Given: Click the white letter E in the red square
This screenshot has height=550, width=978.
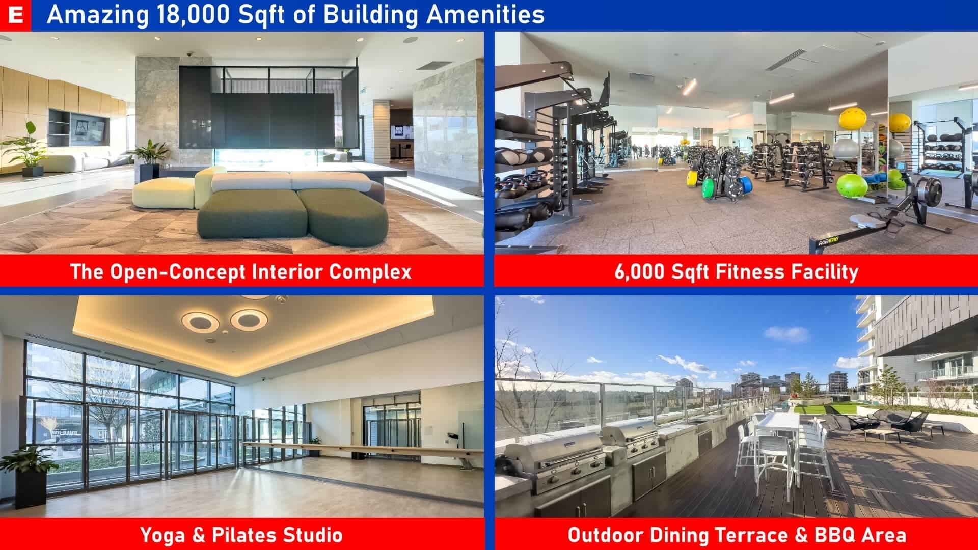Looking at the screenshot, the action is [x=16, y=15].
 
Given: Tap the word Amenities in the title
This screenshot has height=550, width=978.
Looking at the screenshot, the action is [x=485, y=15].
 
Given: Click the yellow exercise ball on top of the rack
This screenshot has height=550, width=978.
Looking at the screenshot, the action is [x=852, y=119].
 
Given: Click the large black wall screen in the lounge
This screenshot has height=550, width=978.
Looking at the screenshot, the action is [x=273, y=121].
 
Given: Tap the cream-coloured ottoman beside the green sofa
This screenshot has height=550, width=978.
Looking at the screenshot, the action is [x=164, y=194].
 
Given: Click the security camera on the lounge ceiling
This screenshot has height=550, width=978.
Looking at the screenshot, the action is [x=189, y=53].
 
